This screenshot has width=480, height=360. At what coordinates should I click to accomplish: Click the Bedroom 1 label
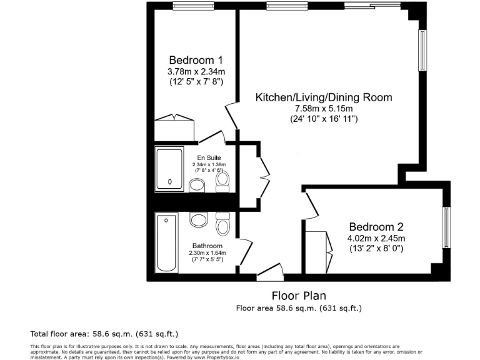pos(196,60)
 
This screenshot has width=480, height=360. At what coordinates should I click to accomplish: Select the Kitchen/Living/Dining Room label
pos(324,97)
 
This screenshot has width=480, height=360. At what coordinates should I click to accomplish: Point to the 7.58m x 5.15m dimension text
pos(324,108)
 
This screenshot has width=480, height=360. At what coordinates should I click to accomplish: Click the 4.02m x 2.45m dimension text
pos(376,238)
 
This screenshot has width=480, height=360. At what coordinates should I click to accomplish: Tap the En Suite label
pos(209,157)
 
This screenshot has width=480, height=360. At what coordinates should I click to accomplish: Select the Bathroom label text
pos(207,246)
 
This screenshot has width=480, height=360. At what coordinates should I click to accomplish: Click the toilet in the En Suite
pos(222,181)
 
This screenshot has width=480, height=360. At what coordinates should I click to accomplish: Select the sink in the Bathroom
pos(199,220)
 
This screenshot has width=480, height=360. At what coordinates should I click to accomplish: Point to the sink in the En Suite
pos(197,185)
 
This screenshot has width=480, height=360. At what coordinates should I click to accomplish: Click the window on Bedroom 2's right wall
pos(446,227)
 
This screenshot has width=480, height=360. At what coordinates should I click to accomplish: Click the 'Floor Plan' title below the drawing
pos(298,296)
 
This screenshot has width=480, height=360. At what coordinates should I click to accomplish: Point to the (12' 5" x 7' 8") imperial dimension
pos(196,81)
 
